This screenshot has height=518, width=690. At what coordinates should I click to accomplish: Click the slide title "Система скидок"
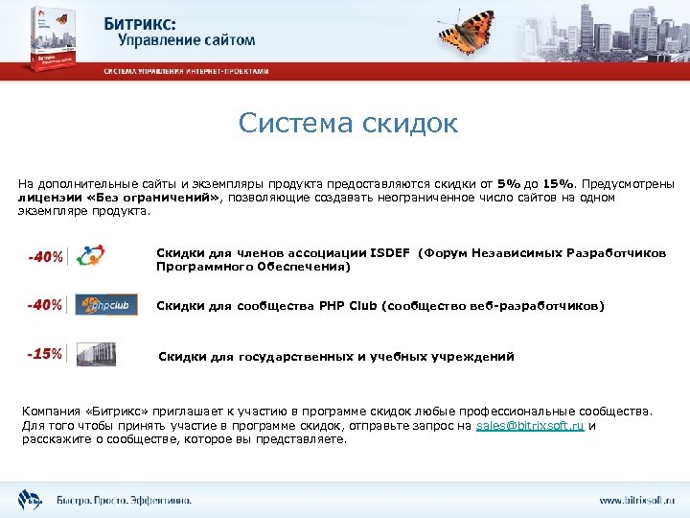click(x=349, y=124)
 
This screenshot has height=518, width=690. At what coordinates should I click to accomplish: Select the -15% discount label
click(x=45, y=354)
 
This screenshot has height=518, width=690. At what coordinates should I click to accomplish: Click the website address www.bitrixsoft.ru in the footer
click(x=636, y=501)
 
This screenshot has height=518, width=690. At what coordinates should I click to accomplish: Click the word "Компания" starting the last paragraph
click(x=49, y=411)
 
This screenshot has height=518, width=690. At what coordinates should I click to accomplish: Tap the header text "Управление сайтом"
click(x=187, y=40)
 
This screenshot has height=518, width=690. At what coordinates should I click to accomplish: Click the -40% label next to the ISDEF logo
click(x=45, y=257)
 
